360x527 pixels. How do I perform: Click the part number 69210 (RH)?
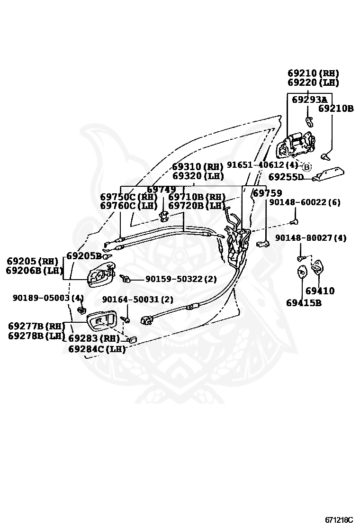coord(313,73)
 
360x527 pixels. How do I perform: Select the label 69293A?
coord(309,100)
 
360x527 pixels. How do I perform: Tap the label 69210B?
coord(336,108)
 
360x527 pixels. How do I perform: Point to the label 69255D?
coord(286,177)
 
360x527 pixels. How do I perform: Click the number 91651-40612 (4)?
coord(262,165)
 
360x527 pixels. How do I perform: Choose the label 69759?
coord(267,193)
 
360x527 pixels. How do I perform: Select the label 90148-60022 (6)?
coord(305,202)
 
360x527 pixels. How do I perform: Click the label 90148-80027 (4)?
coord(311,237)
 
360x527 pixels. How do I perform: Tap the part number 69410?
coord(320,291)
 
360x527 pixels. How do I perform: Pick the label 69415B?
coord(304,303)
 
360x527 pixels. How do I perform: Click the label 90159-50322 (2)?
coord(181,279)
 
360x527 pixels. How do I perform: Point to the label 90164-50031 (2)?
coord(138,299)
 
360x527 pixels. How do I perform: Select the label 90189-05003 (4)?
coord(48,298)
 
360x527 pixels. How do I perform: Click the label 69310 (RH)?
coord(198,167)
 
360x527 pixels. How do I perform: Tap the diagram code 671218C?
coord(339,519)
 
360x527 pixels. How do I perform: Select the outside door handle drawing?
coord(296,146)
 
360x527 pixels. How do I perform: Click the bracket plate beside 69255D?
coord(328,174)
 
